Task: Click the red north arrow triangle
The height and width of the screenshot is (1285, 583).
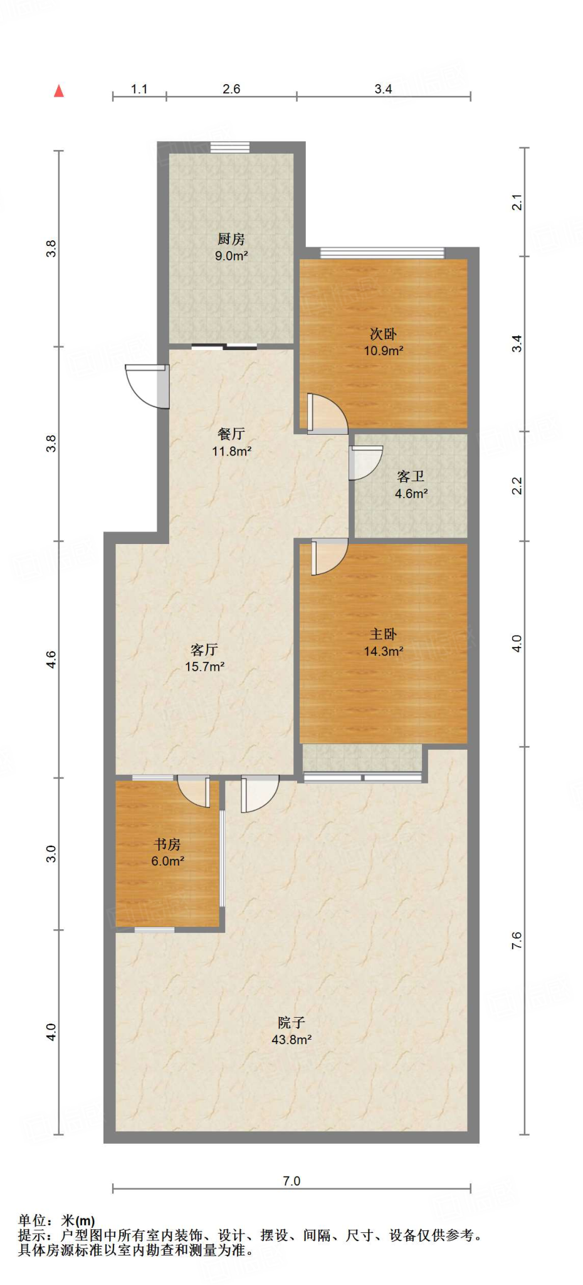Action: (x=59, y=91)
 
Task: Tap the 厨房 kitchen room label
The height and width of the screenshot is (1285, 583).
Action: (x=231, y=238)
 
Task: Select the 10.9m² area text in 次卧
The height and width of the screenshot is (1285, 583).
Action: (x=383, y=351)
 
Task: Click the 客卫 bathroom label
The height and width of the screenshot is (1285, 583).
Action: (x=411, y=476)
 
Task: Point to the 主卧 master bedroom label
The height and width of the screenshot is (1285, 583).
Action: (x=383, y=634)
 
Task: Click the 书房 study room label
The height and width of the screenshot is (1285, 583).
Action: (x=167, y=844)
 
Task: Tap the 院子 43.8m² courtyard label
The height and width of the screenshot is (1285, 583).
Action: (x=291, y=1030)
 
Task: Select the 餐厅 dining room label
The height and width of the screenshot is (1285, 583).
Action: (x=231, y=434)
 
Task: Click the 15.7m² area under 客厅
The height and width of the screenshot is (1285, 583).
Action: (x=204, y=666)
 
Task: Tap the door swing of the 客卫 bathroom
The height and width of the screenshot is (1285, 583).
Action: (x=365, y=462)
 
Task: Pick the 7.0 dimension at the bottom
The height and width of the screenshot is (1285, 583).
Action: (x=291, y=1181)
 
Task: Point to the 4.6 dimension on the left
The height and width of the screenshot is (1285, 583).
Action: (x=51, y=659)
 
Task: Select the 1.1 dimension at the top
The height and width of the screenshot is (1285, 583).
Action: (x=139, y=89)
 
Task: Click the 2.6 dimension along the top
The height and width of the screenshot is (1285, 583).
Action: (x=231, y=89)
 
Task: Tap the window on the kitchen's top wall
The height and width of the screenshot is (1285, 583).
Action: (x=230, y=147)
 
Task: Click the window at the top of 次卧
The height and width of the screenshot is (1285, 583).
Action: (x=382, y=253)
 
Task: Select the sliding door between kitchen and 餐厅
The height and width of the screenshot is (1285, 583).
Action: (x=224, y=346)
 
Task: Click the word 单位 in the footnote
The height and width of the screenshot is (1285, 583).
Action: (x=31, y=1220)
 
